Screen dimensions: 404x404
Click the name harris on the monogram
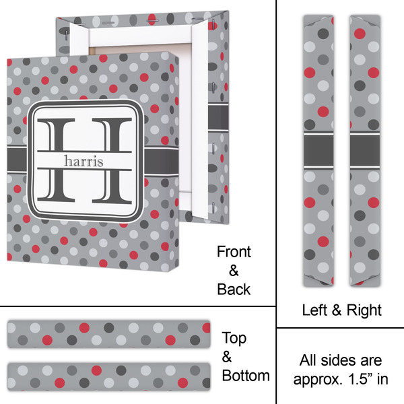[x=83, y=160]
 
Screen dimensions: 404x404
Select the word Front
[x=234, y=252]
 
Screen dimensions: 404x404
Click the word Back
[x=234, y=290]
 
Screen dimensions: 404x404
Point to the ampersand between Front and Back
[x=234, y=271]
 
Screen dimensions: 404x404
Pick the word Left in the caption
[x=314, y=310]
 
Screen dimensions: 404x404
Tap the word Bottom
[x=246, y=375]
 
